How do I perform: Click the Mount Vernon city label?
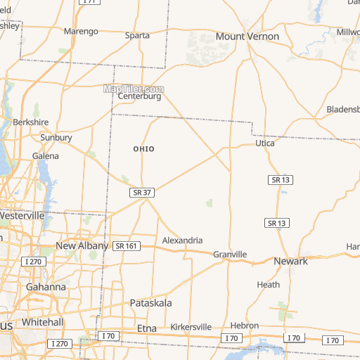click(x=247, y=36)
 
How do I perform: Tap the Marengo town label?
click(x=81, y=32)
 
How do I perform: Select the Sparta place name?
click(x=137, y=35)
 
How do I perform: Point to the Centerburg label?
click(x=139, y=96)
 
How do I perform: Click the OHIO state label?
click(x=143, y=149)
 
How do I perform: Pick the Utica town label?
click(x=264, y=143)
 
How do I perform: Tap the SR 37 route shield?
click(x=142, y=192)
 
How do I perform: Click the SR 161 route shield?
click(x=126, y=245)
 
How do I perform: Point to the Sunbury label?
click(x=56, y=138)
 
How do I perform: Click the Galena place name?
click(x=46, y=155)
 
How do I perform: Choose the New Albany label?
click(x=82, y=246)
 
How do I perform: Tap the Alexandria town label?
click(x=182, y=240)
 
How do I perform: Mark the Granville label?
click(x=230, y=254)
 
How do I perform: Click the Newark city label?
click(x=290, y=261)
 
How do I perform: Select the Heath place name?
click(x=268, y=285)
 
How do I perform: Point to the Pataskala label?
click(x=151, y=302)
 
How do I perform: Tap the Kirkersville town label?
click(x=191, y=327)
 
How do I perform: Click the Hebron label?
click(x=245, y=326)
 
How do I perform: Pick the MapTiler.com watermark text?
click(x=134, y=89)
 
